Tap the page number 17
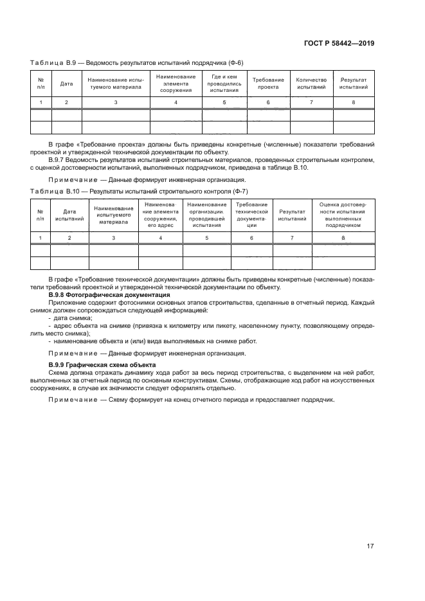click(370, 546)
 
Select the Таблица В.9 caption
click(137, 62)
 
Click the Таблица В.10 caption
click(139, 192)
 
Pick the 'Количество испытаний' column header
click(311, 84)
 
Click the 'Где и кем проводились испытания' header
click(224, 84)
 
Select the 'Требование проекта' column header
click(268, 84)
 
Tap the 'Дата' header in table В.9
click(66, 84)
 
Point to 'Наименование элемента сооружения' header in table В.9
click(176, 84)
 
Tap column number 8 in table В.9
click(353, 102)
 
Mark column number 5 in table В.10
click(206, 238)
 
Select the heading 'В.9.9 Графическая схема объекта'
click(102, 365)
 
